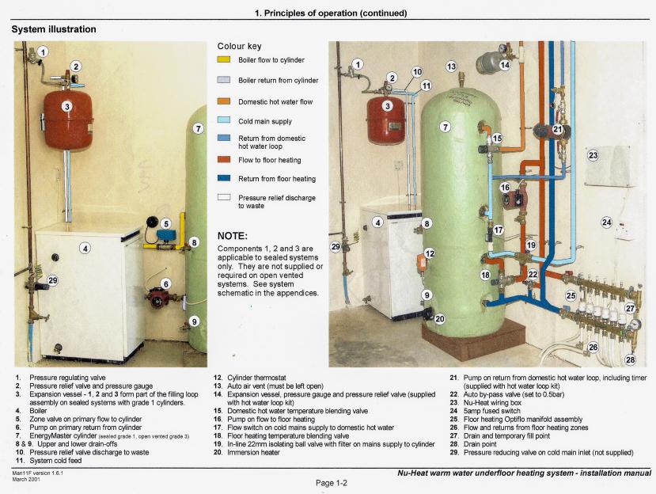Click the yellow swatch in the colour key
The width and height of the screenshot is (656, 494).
coord(223,59)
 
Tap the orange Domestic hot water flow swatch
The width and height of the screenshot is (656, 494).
coord(223,101)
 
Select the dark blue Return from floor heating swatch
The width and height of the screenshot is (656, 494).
coord(224,178)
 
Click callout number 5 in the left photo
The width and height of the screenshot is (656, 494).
coord(165,224)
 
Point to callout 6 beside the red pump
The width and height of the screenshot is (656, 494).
coord(166,284)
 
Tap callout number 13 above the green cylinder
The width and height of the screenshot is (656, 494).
coord(451,66)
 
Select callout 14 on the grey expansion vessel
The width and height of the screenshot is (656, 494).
coord(505,65)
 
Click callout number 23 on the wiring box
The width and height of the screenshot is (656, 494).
coord(593,155)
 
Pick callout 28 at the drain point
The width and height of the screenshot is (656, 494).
coord(630,359)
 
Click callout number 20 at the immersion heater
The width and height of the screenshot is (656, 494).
coord(440,319)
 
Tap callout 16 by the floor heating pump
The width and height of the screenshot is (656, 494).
coord(505,188)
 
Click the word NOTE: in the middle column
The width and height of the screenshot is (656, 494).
coord(232,236)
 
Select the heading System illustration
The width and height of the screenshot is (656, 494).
coord(54,29)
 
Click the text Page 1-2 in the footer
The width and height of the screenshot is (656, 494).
coord(332,483)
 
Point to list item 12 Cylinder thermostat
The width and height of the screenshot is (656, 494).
coord(250,378)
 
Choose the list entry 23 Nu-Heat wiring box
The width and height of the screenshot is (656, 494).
coord(486,403)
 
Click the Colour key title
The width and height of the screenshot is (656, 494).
coord(239,46)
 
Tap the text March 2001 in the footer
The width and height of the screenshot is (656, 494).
coord(26,479)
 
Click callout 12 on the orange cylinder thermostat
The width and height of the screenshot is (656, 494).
coord(430,253)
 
